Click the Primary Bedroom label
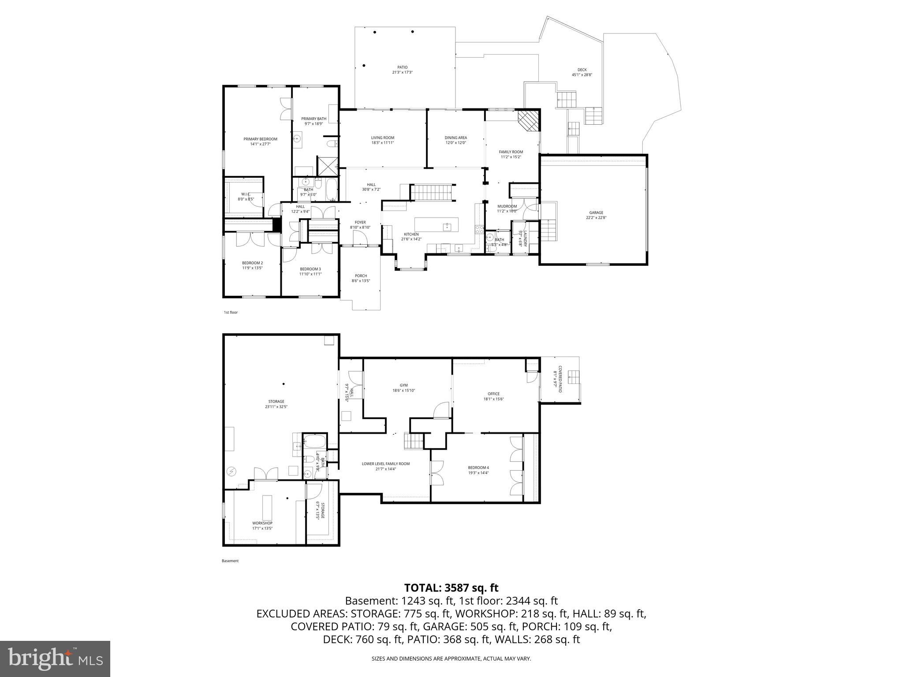[260, 139]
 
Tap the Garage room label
[596, 212]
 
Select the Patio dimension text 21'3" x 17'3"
[402, 72]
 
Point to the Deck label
[582, 70]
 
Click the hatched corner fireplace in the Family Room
[528, 120]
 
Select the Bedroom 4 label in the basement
[478, 468]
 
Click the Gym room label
[403, 385]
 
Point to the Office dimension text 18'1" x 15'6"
[493, 399]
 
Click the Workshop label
[262, 523]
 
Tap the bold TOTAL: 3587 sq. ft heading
[451, 588]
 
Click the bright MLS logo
[55, 659]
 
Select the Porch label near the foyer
[361, 276]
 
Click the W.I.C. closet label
[246, 194]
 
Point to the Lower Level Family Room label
[386, 464]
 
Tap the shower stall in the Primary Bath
[328, 166]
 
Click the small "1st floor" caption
[231, 312]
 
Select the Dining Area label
[455, 138]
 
